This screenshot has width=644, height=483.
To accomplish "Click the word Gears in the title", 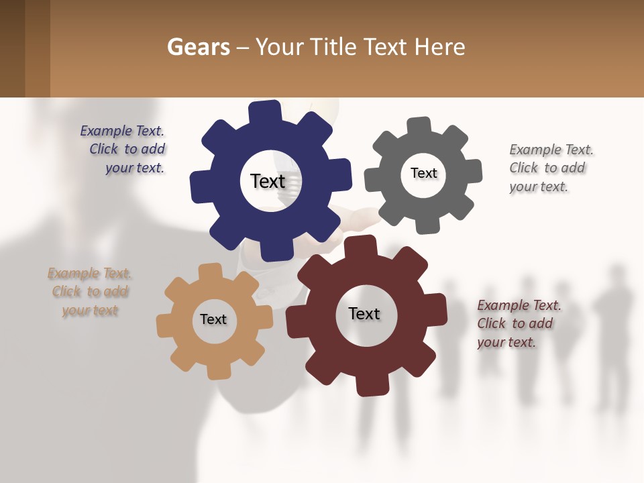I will tap(199, 47).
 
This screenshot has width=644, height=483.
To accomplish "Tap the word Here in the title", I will tap(440, 47).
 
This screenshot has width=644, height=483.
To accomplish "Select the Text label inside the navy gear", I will tap(268, 181).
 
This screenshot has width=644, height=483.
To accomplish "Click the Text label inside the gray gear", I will tap(423, 173).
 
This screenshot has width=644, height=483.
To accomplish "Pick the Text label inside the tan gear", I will tap(213, 319).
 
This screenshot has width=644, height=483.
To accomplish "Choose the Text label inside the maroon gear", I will tap(364, 313).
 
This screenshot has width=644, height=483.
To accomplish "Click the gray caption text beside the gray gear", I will tap(551, 168).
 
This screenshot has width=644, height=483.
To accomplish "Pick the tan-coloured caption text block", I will tap(90, 292).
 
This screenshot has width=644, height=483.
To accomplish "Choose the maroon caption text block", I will tap(519, 324).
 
